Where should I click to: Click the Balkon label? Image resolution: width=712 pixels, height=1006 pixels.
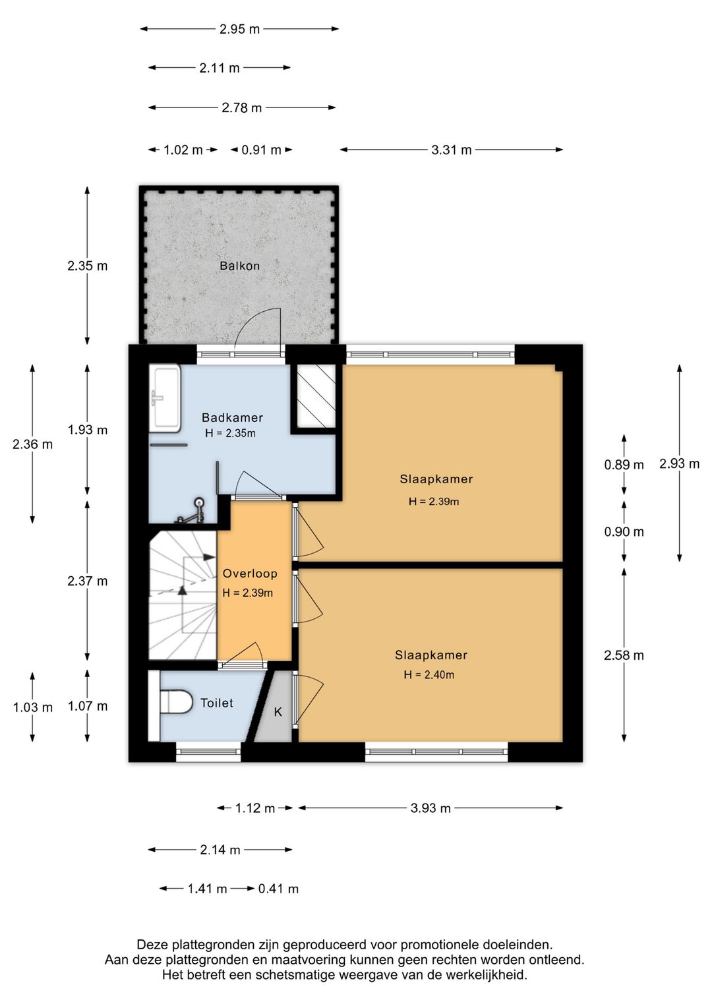tap(239, 266)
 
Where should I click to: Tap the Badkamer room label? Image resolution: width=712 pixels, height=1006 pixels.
tap(232, 418)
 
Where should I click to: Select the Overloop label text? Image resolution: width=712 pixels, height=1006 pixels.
tap(250, 574)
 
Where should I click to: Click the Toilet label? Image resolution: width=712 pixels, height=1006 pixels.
tap(216, 703)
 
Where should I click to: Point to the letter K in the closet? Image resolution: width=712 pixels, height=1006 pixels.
tap(278, 712)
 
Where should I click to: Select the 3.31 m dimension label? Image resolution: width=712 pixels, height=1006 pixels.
tap(452, 150)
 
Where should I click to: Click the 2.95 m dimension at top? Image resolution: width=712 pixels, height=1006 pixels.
tap(239, 29)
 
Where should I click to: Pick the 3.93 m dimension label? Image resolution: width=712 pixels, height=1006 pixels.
tap(430, 808)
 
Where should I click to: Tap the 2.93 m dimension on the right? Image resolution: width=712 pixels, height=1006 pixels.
tap(679, 463)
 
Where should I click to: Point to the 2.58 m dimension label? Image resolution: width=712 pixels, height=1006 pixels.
tap(624, 656)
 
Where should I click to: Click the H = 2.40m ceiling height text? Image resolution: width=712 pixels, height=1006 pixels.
tap(429, 674)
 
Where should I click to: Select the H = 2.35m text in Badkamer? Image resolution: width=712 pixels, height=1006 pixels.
tap(231, 433)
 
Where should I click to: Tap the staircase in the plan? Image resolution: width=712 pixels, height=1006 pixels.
tap(183, 595)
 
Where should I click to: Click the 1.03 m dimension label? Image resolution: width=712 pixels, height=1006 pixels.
tap(32, 708)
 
